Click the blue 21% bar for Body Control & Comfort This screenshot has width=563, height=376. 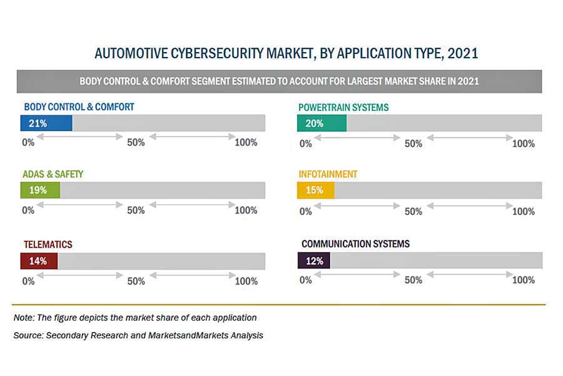coord(46,123)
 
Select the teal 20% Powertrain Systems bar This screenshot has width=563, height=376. coord(322,123)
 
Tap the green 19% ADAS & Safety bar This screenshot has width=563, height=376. coord(40,190)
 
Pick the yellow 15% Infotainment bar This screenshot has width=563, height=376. coord(315,190)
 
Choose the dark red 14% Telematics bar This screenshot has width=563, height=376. coord(39,261)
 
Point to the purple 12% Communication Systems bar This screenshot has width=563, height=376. coord(314,261)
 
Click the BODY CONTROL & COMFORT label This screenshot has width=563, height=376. coord(79,107)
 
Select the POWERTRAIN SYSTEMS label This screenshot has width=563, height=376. coord(343,108)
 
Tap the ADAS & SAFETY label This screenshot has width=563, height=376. coord(53,174)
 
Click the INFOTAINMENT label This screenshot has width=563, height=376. coord(328,174)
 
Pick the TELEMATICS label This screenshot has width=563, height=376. coord(48,244)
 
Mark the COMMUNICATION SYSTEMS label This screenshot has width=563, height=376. coord(355,244)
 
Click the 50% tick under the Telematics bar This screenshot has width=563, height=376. coord(136,281)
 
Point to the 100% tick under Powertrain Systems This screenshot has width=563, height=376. coord(523,144)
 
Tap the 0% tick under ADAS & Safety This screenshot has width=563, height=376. coord(28,211)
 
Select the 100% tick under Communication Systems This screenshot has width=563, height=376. coord(523,280)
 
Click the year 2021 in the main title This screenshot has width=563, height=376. coord(463,54)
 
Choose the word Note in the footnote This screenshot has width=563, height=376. coord(24,318)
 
